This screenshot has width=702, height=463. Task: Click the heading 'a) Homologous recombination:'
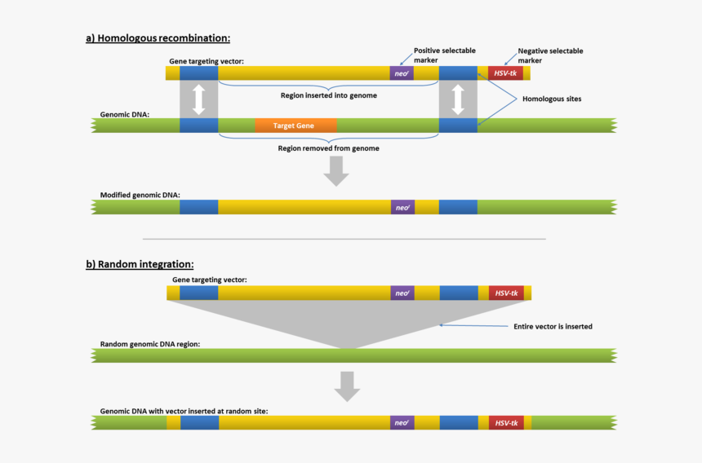[158, 37]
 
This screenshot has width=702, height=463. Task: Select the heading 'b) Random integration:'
[140, 264]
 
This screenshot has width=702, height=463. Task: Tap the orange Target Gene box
[295, 126]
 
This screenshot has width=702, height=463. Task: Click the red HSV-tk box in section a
[505, 73]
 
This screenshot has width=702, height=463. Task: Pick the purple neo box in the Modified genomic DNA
[402, 207]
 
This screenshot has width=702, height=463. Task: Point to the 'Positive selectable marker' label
[444, 55]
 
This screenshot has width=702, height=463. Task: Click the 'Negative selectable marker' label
[550, 55]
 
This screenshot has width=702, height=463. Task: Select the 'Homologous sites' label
[552, 99]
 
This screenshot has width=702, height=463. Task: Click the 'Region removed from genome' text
[328, 148]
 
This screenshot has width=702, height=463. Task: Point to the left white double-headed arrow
[198, 99]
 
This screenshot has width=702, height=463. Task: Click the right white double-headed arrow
[458, 99]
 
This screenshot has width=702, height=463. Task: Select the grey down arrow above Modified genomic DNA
[335, 170]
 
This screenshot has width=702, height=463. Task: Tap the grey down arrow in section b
[348, 386]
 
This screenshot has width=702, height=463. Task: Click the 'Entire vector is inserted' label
[553, 327]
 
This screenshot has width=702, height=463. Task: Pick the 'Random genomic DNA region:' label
[150, 344]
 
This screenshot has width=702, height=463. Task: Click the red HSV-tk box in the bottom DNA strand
[506, 423]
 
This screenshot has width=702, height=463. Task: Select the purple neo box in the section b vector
[402, 293]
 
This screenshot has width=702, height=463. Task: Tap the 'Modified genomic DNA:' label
[140, 195]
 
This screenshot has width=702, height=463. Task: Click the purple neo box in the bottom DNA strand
[402, 423]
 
